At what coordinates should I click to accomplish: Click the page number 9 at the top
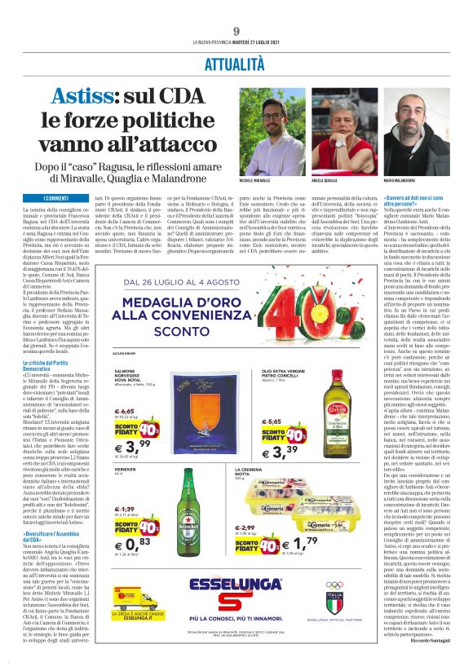click(236, 31)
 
